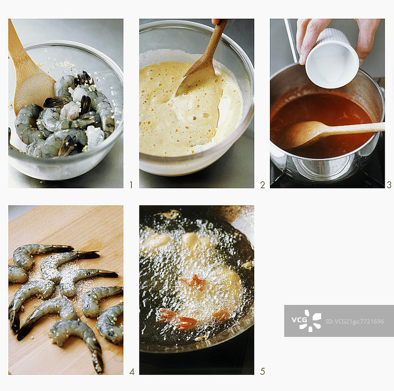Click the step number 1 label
[131, 185]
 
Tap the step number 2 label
[263, 185]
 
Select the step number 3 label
[389, 185]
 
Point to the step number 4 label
[132, 371]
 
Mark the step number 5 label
[263, 371]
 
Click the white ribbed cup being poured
[332, 59]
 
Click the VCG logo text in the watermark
[299, 320]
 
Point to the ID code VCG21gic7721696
[355, 321]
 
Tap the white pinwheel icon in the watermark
[310, 321]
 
